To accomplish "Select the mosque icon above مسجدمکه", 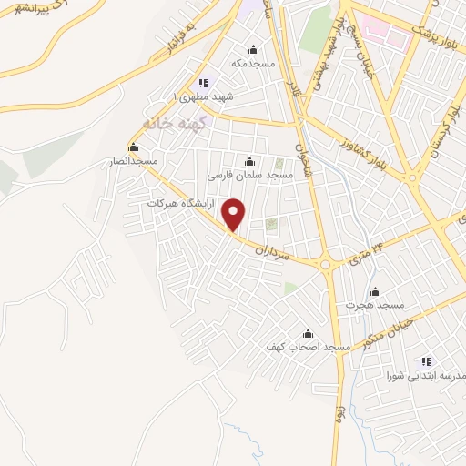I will pyautogui.click(x=253, y=50).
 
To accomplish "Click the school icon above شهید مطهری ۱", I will pyautogui.click(x=202, y=82).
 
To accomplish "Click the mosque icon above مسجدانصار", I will pyautogui.click(x=134, y=147).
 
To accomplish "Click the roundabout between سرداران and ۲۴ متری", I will pyautogui.click(x=325, y=264).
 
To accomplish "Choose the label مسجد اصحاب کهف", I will pyautogui.click(x=302, y=347).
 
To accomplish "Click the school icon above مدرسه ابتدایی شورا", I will pyautogui.click(x=426, y=361).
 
